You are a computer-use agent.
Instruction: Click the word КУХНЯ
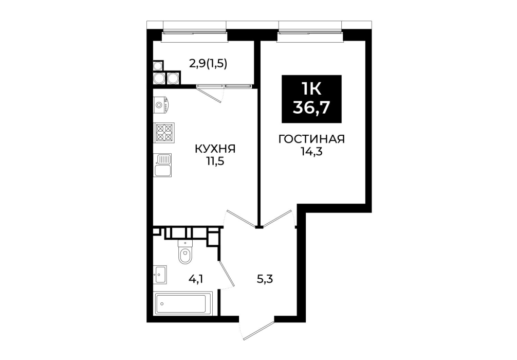tap(215, 149)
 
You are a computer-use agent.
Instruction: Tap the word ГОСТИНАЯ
tap(311, 139)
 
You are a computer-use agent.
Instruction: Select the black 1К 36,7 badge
tap(311, 99)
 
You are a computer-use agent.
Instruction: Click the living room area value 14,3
tap(311, 152)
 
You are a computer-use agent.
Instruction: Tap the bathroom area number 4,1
tap(195, 279)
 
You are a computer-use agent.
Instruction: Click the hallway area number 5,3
tap(265, 279)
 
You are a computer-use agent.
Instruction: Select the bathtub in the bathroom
tap(183, 303)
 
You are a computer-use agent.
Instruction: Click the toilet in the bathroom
tap(185, 252)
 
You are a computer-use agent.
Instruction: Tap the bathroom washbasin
tap(160, 274)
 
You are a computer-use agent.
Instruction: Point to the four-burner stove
tap(164, 133)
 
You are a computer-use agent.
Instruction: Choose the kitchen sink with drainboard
tap(163, 165)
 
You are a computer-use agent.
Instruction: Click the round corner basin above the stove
tap(160, 105)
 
